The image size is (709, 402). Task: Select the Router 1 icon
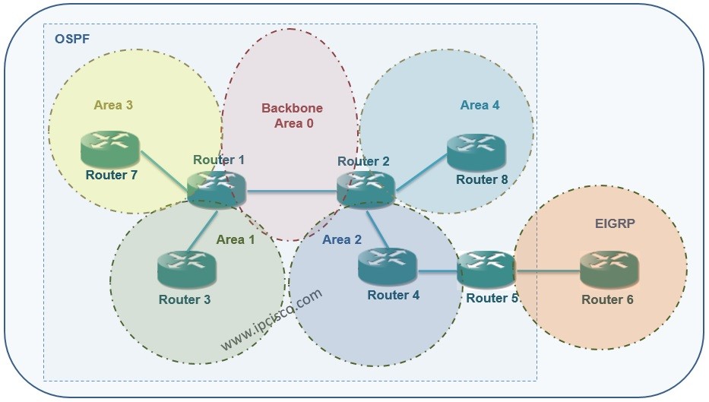coord(217,188)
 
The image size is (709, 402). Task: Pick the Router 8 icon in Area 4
coord(476,152)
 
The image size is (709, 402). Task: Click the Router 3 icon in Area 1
coord(186,269)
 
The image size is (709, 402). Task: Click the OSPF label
coord(71,38)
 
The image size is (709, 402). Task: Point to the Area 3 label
coord(114,105)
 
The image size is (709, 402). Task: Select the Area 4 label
coord(480,105)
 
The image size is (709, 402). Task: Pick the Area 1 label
coord(236,239)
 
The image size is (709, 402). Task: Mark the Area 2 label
coord(342,240)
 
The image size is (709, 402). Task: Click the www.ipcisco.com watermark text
coord(271,320)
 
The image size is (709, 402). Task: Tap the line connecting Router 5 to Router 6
coord(547,270)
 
